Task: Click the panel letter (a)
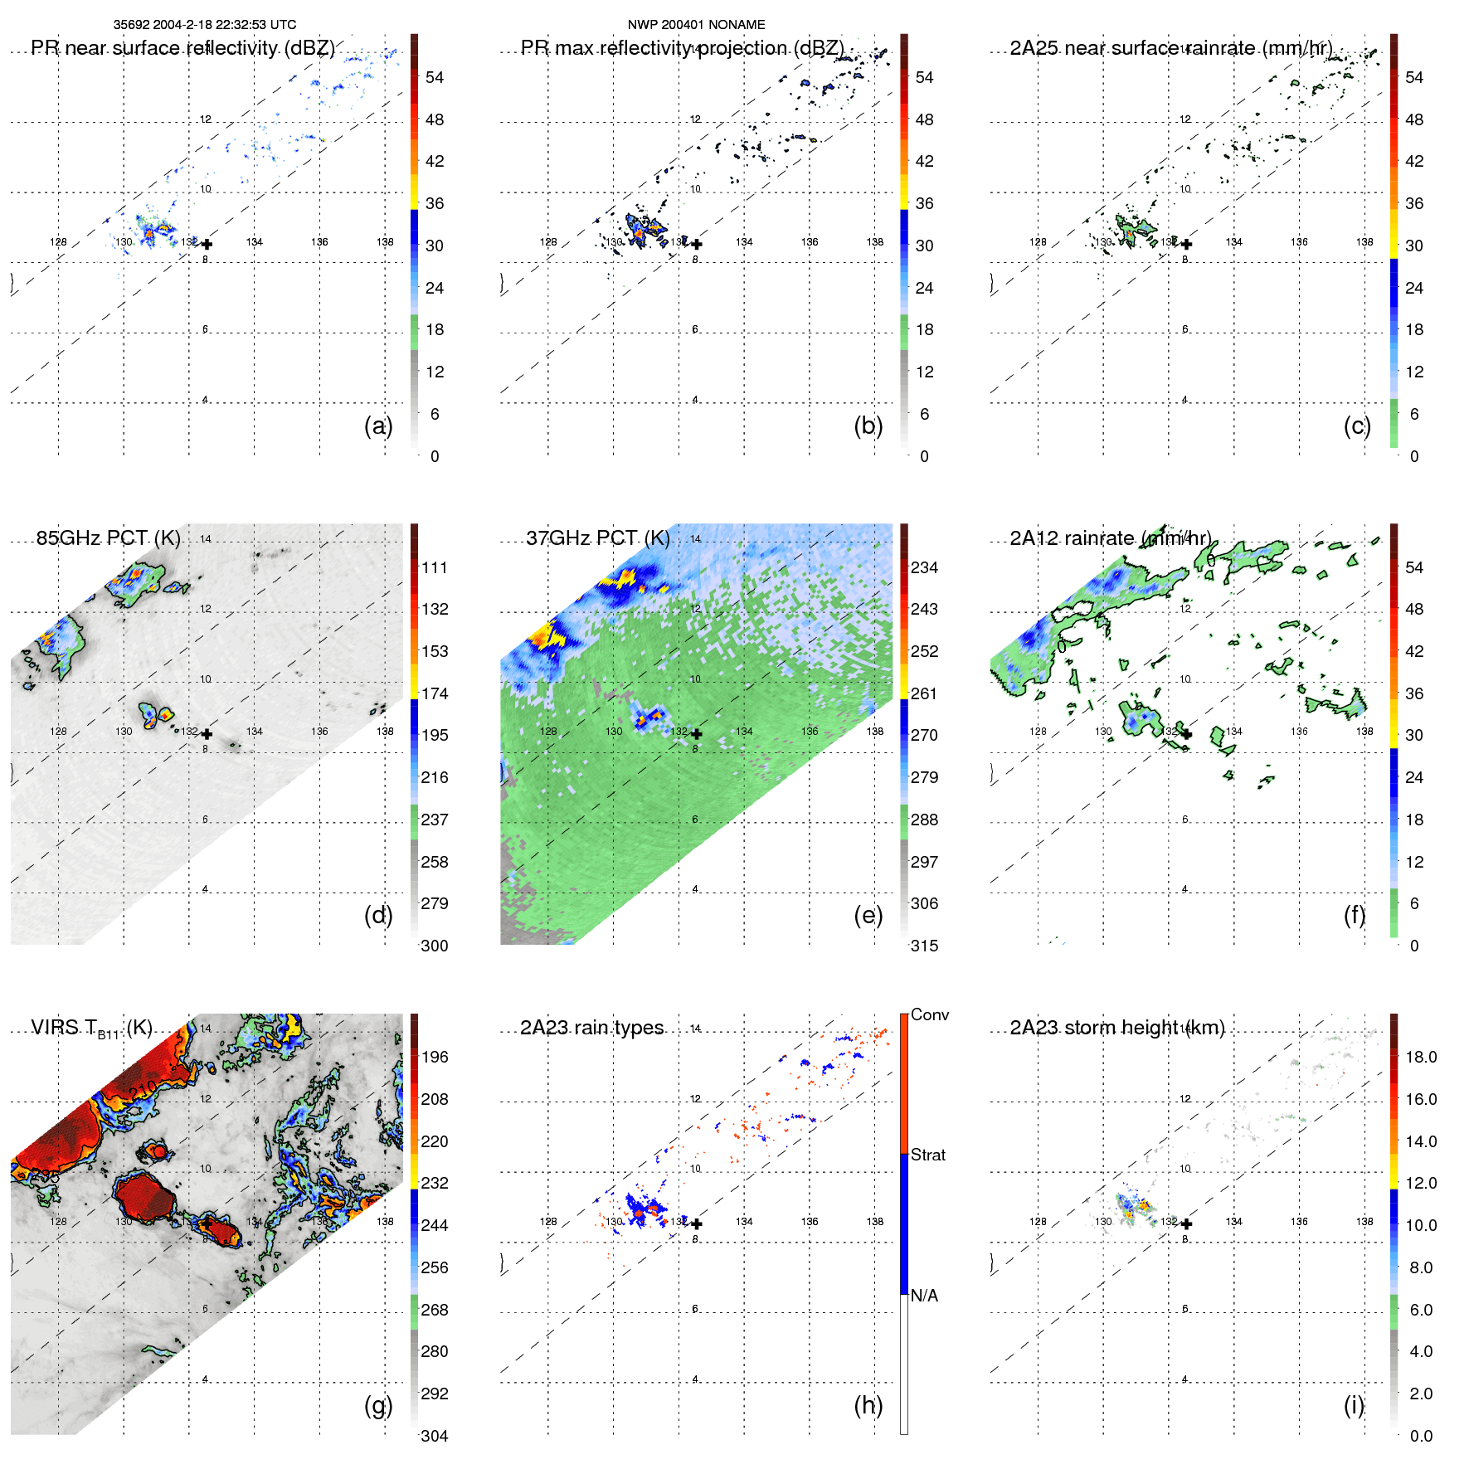click(x=377, y=426)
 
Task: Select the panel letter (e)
click(x=868, y=916)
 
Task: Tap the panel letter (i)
click(x=1354, y=1405)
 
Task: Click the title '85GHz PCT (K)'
click(x=109, y=538)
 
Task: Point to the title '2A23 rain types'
click(x=592, y=1028)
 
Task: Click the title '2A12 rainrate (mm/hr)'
click(x=1111, y=538)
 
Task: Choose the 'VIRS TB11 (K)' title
click(x=91, y=1029)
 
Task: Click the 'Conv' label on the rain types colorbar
click(x=929, y=1014)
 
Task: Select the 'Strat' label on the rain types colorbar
click(x=927, y=1155)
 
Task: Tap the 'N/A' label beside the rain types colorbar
click(x=924, y=1296)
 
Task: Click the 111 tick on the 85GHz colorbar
click(x=435, y=567)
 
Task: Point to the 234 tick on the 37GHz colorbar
click(x=924, y=567)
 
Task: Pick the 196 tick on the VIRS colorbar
click(x=435, y=1057)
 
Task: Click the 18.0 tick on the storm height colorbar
click(x=1421, y=1057)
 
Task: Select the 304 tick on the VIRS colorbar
click(x=435, y=1436)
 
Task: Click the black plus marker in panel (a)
click(x=207, y=244)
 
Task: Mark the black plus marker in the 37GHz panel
click(x=697, y=734)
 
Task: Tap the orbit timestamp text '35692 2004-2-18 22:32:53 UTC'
click(x=205, y=25)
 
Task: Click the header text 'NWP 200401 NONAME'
click(x=696, y=25)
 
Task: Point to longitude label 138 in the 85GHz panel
click(x=385, y=732)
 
